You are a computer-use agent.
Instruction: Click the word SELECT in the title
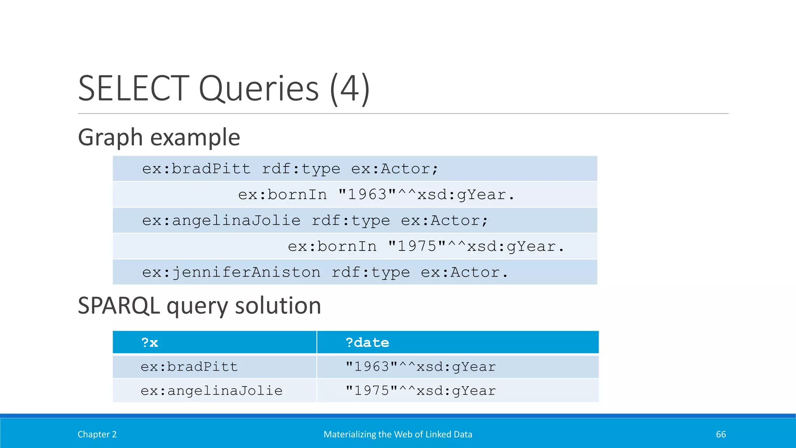point(133,89)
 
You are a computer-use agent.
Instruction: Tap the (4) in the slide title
point(349,89)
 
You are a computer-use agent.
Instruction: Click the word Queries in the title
point(258,89)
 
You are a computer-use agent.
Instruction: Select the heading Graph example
point(159,137)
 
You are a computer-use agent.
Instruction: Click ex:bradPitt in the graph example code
point(196,169)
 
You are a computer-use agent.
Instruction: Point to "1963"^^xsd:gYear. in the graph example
point(426,194)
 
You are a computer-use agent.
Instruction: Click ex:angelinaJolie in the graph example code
point(221,220)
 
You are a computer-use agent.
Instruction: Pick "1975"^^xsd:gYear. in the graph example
point(476,246)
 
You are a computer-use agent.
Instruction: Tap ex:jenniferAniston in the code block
point(231,272)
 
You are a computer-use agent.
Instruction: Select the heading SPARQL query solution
point(199,306)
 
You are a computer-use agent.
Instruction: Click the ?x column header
point(150,343)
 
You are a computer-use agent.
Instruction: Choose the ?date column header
point(367,343)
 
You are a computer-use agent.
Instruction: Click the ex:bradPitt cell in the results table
point(189,367)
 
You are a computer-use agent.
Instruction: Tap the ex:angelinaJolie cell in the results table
point(211,390)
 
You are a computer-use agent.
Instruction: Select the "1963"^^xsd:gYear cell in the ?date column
point(421,367)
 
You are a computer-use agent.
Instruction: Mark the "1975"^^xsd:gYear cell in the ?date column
point(421,390)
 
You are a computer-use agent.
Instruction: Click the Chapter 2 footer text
point(97,434)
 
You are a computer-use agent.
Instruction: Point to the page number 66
point(721,434)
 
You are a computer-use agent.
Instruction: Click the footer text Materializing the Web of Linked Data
point(398,434)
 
